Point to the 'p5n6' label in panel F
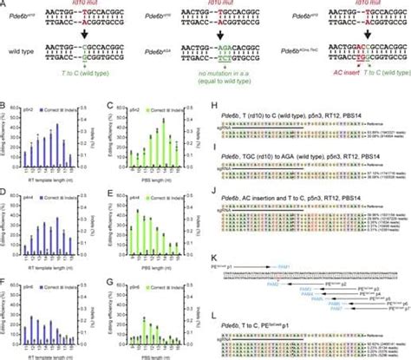click(x=41, y=277)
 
